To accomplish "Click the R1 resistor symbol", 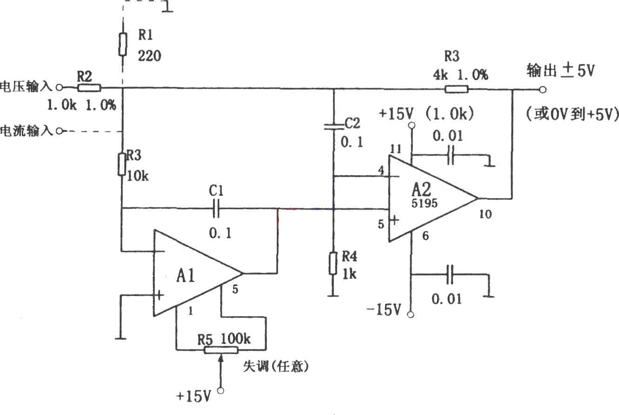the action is (x=123, y=45).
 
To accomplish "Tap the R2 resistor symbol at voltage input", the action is (x=89, y=88).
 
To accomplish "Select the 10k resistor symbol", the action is (x=122, y=165).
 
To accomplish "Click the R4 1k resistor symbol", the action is (x=333, y=263).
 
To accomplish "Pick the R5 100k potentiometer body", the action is (x=221, y=350).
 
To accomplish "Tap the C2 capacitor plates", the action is (x=333, y=127).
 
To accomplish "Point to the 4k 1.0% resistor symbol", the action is (x=457, y=89).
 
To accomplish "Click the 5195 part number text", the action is (x=425, y=204).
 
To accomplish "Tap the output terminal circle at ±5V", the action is (x=543, y=90).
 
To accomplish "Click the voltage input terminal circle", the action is (x=59, y=88).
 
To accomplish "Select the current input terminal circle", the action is (x=59, y=131).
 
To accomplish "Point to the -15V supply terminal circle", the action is (x=411, y=315).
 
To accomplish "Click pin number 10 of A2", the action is (x=485, y=214).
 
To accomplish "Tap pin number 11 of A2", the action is (x=396, y=149).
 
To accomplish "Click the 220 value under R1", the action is (x=149, y=56).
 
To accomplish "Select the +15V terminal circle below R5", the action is (x=220, y=391).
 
